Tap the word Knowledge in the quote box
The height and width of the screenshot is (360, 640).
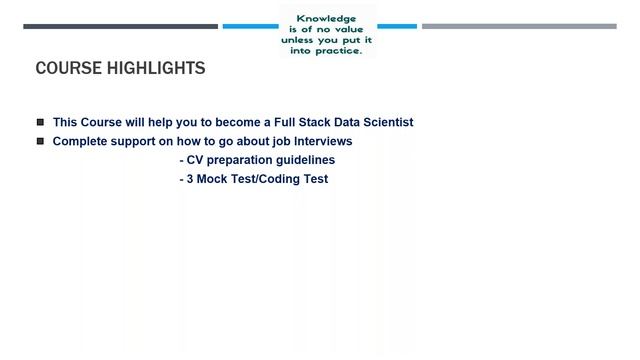pos(327,18)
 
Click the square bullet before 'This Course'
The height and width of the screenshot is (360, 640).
pos(41,122)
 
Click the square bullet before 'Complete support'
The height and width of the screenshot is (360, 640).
pos(41,141)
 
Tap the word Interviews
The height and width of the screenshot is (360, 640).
pos(321,141)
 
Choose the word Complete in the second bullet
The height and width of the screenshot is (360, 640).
pos(80,141)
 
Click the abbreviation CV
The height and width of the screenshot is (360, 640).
pos(195,160)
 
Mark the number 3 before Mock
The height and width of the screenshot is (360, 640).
pos(190,179)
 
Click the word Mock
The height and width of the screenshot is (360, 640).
pos(213,179)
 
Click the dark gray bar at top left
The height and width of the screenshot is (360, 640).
pos(120,27)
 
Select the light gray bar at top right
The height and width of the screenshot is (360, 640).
pos(519,27)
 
